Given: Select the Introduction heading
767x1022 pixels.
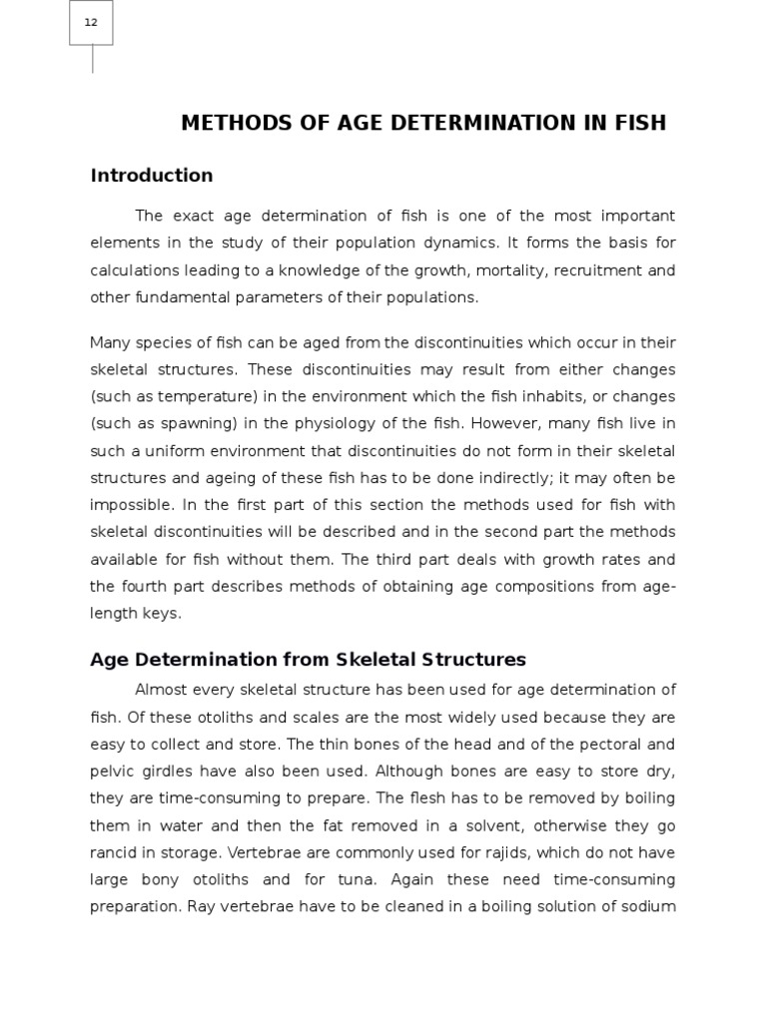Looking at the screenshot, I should [152, 176].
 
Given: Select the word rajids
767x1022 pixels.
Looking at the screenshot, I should [501, 852].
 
